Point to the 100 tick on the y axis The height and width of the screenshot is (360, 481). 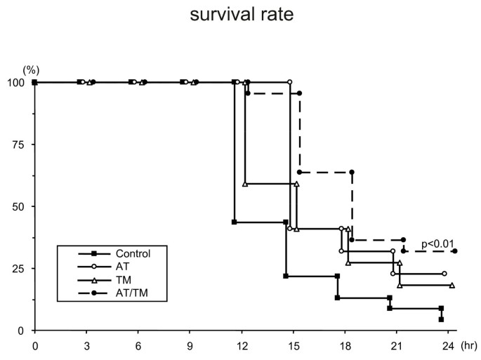[18, 82]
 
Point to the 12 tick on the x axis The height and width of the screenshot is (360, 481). [242, 345]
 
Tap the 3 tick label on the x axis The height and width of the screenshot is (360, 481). [86, 345]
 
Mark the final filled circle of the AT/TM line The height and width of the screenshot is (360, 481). [455, 251]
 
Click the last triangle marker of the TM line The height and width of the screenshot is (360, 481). [452, 286]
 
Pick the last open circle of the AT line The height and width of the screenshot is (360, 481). [444, 274]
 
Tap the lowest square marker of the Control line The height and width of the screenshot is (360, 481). [441, 319]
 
